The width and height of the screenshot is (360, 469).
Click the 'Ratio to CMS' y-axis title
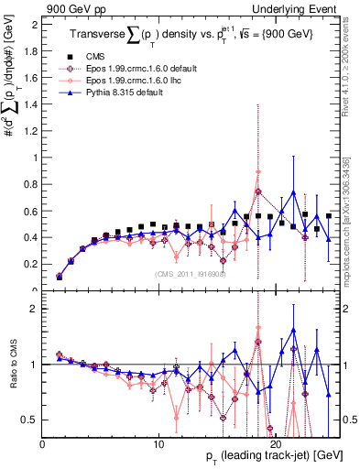tap(11, 367)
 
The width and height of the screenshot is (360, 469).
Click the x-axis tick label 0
tap(42, 442)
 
